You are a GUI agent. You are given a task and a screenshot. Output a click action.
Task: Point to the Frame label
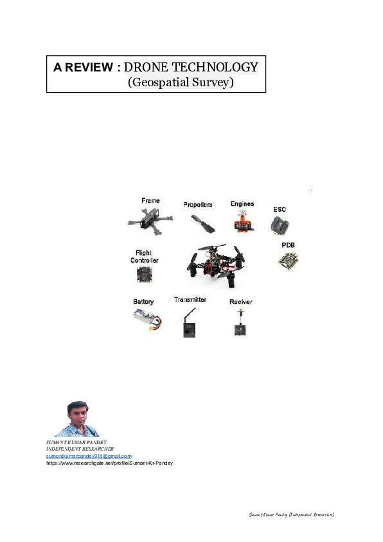[x=150, y=201]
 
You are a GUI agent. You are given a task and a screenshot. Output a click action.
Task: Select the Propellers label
[x=197, y=204]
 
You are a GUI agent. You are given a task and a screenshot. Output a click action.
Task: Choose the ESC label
[x=280, y=209]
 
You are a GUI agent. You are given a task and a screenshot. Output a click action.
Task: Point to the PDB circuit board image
[x=288, y=261]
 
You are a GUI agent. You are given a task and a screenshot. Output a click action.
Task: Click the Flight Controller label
[x=144, y=257]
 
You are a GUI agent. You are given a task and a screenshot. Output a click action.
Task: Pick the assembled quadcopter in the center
[x=215, y=264]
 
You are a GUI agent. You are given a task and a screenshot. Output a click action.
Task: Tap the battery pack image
[x=147, y=317]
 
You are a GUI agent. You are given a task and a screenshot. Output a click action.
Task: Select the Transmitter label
[x=190, y=299]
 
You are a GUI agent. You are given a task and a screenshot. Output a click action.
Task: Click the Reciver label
[x=240, y=301]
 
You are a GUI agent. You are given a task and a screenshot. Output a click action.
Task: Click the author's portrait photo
[x=76, y=419]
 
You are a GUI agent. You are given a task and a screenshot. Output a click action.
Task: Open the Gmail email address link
[x=89, y=456]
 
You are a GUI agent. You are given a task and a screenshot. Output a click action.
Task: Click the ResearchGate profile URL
[x=109, y=463]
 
